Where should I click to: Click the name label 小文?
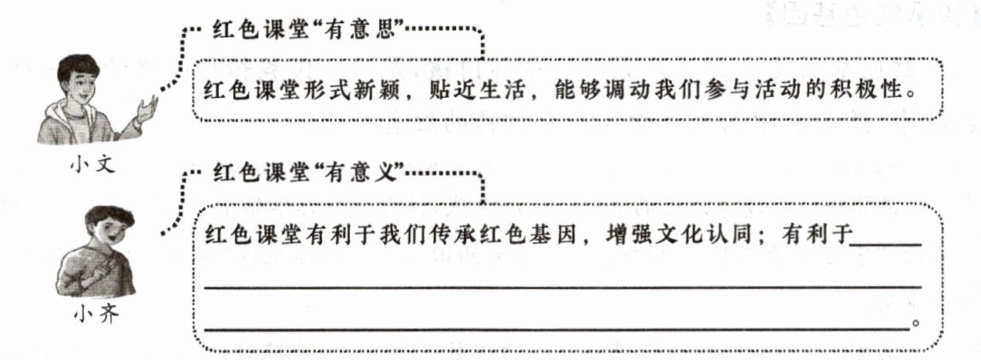click(92, 165)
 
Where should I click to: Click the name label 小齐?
click(96, 314)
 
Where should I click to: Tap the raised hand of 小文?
click(146, 109)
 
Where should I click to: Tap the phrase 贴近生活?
click(476, 89)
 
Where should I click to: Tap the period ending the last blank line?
click(915, 324)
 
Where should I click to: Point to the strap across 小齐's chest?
click(99, 267)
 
